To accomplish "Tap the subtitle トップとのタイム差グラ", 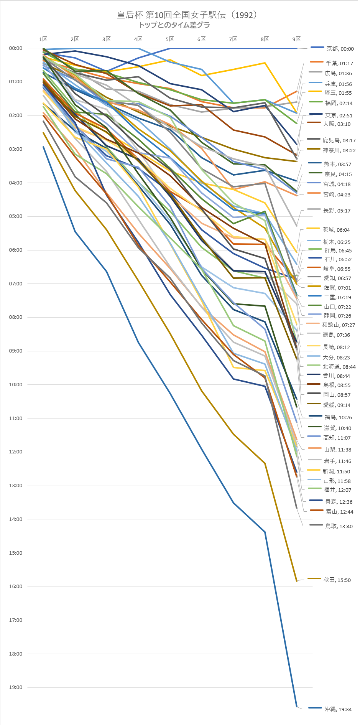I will [x=174, y=25].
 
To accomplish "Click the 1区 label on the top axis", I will [x=43, y=39].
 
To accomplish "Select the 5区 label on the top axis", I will [x=170, y=39].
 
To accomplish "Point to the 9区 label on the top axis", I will [x=296, y=39].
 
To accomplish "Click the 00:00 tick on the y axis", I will [x=16, y=48].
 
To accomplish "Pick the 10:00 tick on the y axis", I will [x=16, y=385].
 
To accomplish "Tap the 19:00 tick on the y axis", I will [x=16, y=687].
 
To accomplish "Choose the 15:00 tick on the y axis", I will [x=16, y=553].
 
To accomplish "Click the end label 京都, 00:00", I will [x=340, y=49].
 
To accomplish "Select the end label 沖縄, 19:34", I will [x=338, y=709].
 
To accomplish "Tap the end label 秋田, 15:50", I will [x=337, y=580].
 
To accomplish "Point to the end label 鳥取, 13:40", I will [x=339, y=526].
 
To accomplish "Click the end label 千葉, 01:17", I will [x=339, y=63].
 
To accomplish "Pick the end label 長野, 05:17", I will [x=337, y=211].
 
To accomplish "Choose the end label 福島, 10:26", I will [x=338, y=417].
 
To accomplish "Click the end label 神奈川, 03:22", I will [x=339, y=150].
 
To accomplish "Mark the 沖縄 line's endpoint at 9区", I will [x=297, y=706].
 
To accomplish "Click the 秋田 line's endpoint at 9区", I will [x=296, y=581].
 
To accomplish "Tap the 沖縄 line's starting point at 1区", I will [x=43, y=147].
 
